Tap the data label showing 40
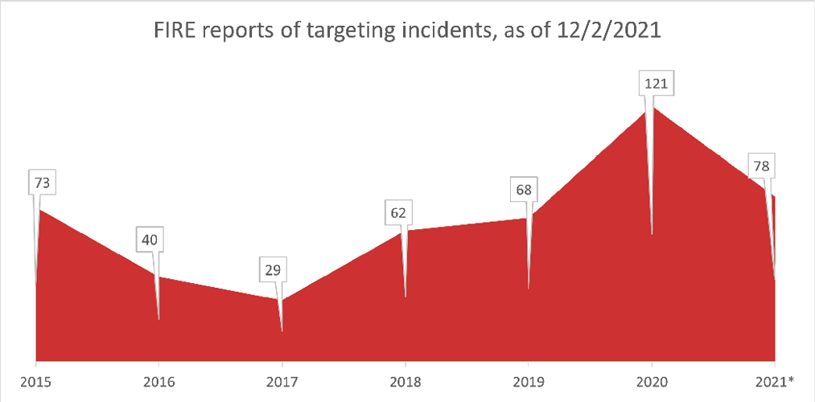pyautogui.click(x=150, y=239)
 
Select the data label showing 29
pyautogui.click(x=273, y=269)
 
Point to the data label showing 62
pyautogui.click(x=397, y=213)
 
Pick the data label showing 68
pyautogui.click(x=522, y=191)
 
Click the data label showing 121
pyautogui.click(x=655, y=84)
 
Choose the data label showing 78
pyautogui.click(x=759, y=166)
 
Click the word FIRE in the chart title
pyautogui.click(x=172, y=34)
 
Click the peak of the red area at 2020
pyautogui.click(x=652, y=108)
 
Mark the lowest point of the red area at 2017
pyautogui.click(x=282, y=300)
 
